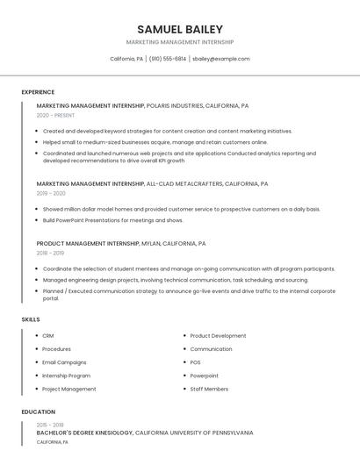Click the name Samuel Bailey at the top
tap(180, 29)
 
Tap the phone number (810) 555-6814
tap(168, 59)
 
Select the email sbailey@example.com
tap(221, 59)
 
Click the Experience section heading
tap(38, 92)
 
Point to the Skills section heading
tap(31, 319)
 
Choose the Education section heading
tap(39, 411)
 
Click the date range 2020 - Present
tap(55, 115)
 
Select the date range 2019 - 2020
tap(51, 193)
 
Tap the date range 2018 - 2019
tap(50, 252)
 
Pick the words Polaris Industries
tap(175, 105)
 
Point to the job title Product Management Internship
tap(88, 243)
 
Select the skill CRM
tap(48, 336)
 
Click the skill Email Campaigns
tap(64, 362)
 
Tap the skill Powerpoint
tap(205, 376)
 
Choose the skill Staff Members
tap(209, 389)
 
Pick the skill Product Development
tap(218, 336)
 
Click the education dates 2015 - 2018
tap(50, 425)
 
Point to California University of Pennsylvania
tap(194, 433)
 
